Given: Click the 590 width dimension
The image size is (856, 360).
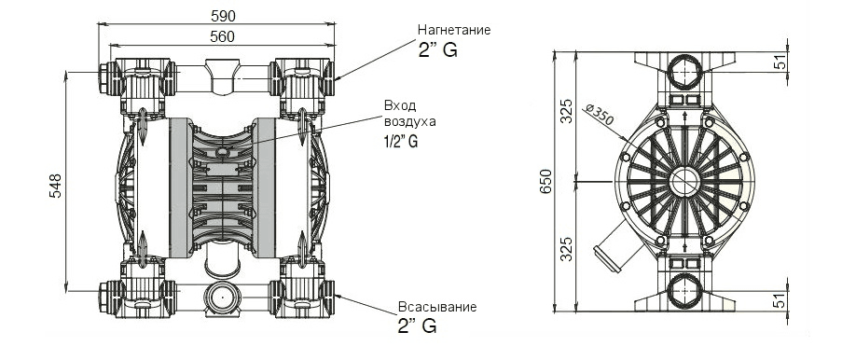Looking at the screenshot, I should click(x=221, y=16).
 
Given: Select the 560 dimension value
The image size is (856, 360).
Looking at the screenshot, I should click(x=221, y=35).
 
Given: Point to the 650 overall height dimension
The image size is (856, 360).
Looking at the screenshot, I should click(x=547, y=180).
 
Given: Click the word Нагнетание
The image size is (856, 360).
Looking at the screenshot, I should click(x=452, y=30).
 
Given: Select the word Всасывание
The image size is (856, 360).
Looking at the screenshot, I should click(x=436, y=307).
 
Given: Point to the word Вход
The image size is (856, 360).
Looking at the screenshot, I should click(x=399, y=105).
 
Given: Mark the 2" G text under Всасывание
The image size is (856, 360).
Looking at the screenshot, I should click(x=417, y=326).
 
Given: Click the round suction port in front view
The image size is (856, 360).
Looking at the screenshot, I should click(x=221, y=298).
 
